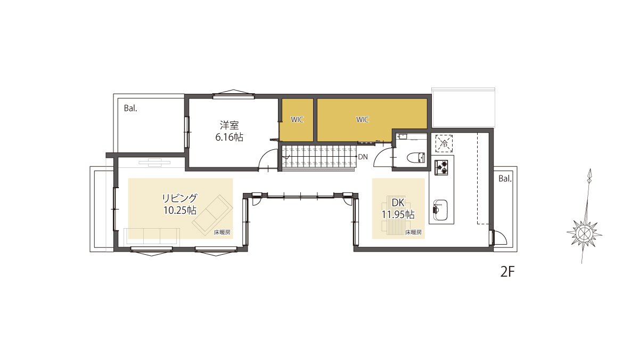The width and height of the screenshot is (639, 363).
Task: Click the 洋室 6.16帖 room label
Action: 230,131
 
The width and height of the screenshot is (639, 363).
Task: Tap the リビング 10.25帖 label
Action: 180,204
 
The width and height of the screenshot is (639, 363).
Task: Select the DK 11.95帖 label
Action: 398,208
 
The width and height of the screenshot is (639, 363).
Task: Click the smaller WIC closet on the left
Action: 297,119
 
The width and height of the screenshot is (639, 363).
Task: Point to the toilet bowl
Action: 416,158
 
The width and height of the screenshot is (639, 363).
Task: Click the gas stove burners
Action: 441,168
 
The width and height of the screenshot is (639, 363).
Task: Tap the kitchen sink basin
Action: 440,210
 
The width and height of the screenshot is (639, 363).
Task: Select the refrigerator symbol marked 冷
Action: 444,144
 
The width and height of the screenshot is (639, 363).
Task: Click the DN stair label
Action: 363,157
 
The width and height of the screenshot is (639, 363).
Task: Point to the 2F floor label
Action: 507,272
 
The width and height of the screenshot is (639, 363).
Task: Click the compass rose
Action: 584,234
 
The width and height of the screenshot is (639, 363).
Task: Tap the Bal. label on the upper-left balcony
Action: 130,109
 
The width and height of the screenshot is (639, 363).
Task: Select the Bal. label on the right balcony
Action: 505,179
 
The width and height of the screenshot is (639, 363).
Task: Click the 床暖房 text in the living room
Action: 222,232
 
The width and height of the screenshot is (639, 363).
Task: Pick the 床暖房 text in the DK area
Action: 413,232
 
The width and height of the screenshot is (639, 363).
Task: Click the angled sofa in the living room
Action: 212,215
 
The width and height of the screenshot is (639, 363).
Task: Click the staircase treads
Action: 319,157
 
